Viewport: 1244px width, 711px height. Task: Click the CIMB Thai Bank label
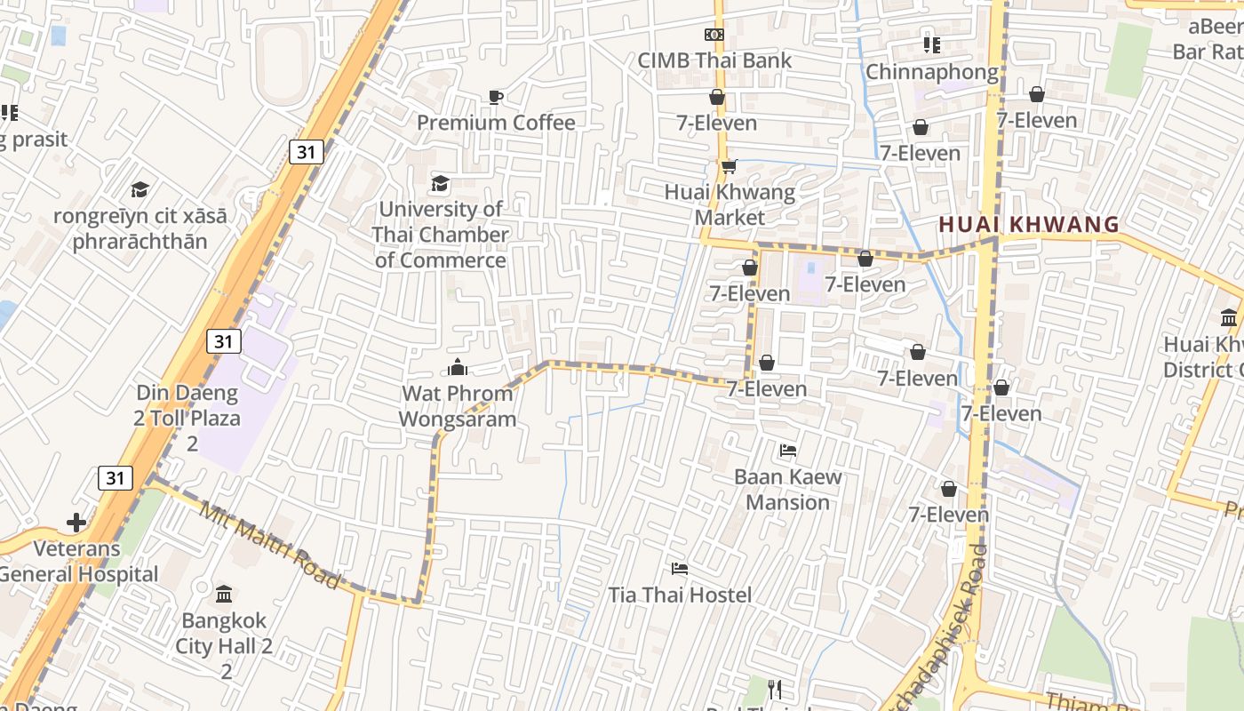click(714, 60)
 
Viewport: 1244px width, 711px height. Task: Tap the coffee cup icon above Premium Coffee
click(496, 97)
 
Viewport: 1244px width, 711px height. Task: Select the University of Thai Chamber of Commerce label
click(441, 235)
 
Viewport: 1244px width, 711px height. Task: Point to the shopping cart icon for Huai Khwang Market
click(730, 166)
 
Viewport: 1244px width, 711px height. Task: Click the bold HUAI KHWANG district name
click(1029, 225)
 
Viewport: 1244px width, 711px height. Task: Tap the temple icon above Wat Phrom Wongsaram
click(458, 367)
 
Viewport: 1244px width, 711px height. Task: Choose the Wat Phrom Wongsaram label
click(458, 406)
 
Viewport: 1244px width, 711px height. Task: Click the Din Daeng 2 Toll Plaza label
click(187, 418)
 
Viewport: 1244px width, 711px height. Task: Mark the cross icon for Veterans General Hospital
click(76, 523)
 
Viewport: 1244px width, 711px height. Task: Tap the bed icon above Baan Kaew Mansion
click(787, 451)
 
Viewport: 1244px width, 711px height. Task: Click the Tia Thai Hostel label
click(680, 595)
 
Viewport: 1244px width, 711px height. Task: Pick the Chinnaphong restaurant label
click(931, 72)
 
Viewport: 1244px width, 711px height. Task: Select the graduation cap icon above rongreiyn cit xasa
click(140, 189)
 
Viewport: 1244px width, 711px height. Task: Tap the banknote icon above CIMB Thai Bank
click(714, 35)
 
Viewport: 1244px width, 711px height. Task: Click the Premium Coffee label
click(496, 123)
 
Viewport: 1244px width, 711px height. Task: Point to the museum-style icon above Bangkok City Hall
click(224, 594)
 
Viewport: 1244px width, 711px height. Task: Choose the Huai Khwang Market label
click(730, 204)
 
